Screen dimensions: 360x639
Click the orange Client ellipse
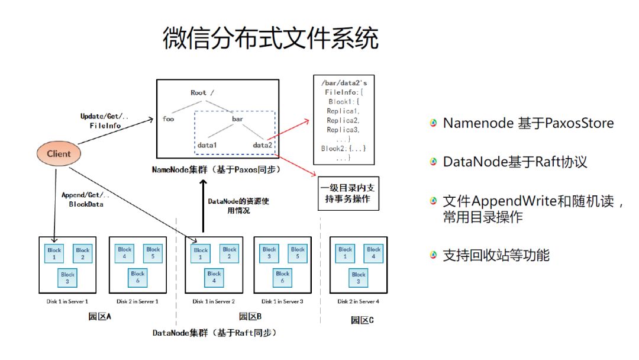[x=59, y=153]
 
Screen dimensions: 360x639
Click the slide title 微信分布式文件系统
[x=270, y=39]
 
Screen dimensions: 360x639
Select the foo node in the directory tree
[x=168, y=118]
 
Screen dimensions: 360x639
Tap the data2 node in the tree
[x=263, y=144]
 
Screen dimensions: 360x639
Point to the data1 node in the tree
[x=207, y=144]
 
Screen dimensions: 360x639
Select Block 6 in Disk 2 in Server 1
[x=138, y=277]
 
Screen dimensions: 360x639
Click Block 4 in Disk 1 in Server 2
[x=214, y=277]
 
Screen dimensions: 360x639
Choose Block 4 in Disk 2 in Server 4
[x=373, y=253]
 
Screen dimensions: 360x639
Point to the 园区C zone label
[x=362, y=320]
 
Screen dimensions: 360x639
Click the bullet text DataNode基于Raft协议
[x=515, y=162]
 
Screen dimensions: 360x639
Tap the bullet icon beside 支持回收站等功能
[x=434, y=255]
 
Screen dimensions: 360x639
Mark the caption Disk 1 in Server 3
[x=282, y=301]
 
